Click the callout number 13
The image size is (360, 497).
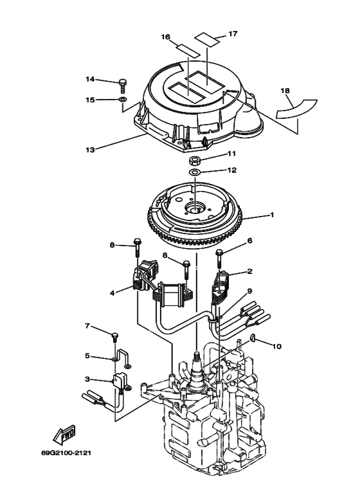pyautogui.click(x=91, y=150)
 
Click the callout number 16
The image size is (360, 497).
pyautogui.click(x=165, y=38)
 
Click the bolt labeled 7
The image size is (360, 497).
pyautogui.click(x=114, y=336)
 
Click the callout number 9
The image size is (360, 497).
pyautogui.click(x=250, y=291)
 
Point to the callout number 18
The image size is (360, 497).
pyautogui.click(x=285, y=91)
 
